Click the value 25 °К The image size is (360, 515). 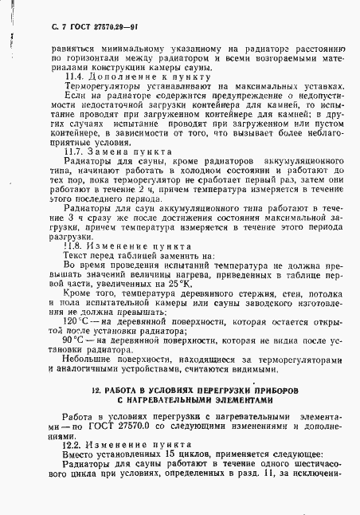click(220, 283)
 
